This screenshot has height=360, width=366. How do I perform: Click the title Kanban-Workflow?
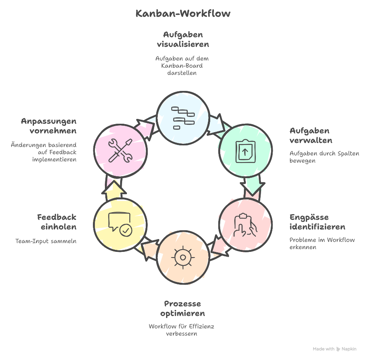[183, 13]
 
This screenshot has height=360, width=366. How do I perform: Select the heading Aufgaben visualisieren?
[183, 39]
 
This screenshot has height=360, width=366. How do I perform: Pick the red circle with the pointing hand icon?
[245, 224]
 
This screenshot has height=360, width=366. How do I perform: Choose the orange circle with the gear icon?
[183, 256]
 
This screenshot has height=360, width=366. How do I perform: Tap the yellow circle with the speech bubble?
[120, 224]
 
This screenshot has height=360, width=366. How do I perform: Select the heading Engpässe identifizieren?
[317, 222]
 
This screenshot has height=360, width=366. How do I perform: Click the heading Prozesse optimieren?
[183, 308]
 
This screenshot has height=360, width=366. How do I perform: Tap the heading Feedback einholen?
[56, 222]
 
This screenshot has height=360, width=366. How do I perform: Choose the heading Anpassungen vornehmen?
[48, 126]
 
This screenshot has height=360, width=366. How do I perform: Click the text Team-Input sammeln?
[46, 241]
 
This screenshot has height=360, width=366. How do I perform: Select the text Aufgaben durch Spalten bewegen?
[324, 157]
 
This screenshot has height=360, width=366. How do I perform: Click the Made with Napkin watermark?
[334, 349]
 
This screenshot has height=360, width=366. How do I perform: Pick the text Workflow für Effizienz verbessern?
[181, 330]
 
